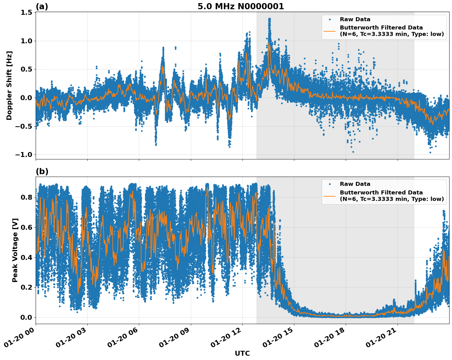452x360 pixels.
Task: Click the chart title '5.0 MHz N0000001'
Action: click(241, 6)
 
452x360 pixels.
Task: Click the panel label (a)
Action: click(42, 6)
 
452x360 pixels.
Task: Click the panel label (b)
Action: click(42, 171)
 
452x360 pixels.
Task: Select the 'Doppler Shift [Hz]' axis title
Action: click(9, 85)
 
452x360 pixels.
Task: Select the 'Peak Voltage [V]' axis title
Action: click(15, 250)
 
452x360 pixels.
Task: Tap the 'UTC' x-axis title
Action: click(242, 353)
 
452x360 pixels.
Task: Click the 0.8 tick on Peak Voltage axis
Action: click(26, 197)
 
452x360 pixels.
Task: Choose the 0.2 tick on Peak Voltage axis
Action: click(26, 287)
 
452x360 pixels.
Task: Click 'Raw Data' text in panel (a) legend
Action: click(355, 19)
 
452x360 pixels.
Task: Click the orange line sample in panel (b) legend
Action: click(329, 196)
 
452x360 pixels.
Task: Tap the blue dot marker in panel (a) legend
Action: click(329, 19)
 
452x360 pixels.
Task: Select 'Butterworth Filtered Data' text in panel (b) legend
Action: click(381, 193)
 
